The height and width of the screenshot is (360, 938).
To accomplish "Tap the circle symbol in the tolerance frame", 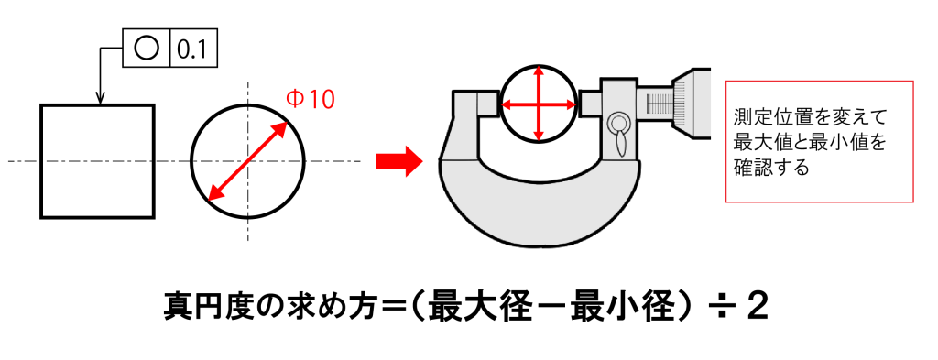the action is point(147,48).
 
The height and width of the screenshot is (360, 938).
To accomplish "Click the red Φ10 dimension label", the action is point(310,99).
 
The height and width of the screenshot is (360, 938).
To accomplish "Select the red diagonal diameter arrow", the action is point(247,161).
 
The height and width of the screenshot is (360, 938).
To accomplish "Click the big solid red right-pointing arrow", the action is point(399,161).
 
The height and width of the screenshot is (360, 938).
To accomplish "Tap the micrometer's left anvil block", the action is point(486,103).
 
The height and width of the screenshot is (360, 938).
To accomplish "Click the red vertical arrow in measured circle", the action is point(539,104).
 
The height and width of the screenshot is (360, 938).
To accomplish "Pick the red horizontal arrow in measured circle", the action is point(539,104).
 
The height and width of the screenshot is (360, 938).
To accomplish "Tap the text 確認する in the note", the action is point(771,168).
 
